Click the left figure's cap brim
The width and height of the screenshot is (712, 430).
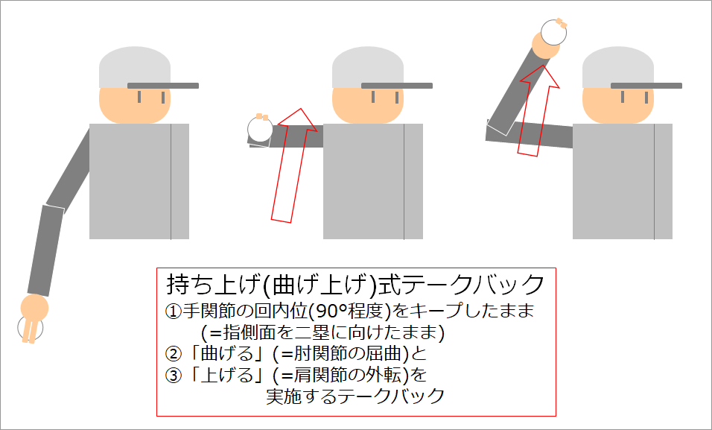(163, 86)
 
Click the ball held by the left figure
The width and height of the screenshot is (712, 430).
(31, 327)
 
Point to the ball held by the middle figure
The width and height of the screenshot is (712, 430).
(260, 129)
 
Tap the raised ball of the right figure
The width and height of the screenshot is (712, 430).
(553, 32)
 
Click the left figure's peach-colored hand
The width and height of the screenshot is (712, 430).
(34, 308)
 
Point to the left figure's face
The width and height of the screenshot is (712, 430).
(135, 104)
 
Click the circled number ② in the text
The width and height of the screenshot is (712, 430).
(173, 353)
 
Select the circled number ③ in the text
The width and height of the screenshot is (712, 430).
(173, 375)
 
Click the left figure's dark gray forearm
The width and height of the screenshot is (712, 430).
(45, 249)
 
